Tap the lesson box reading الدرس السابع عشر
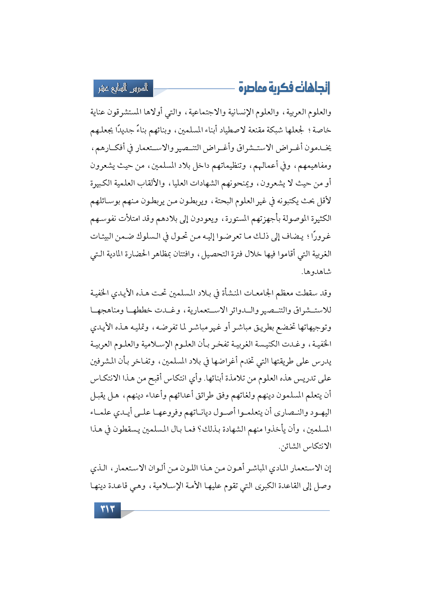[x=123, y=88]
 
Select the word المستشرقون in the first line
[x=135, y=112]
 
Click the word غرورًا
[x=322, y=237]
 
